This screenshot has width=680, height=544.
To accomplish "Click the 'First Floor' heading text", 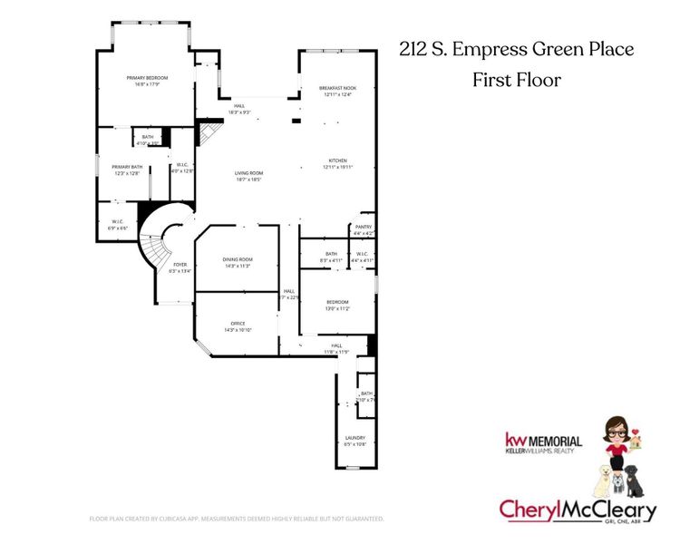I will pos(516,80).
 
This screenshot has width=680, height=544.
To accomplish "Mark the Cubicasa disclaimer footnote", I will pos(237,519).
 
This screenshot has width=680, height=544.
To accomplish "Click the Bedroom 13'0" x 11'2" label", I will pos(337,306).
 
